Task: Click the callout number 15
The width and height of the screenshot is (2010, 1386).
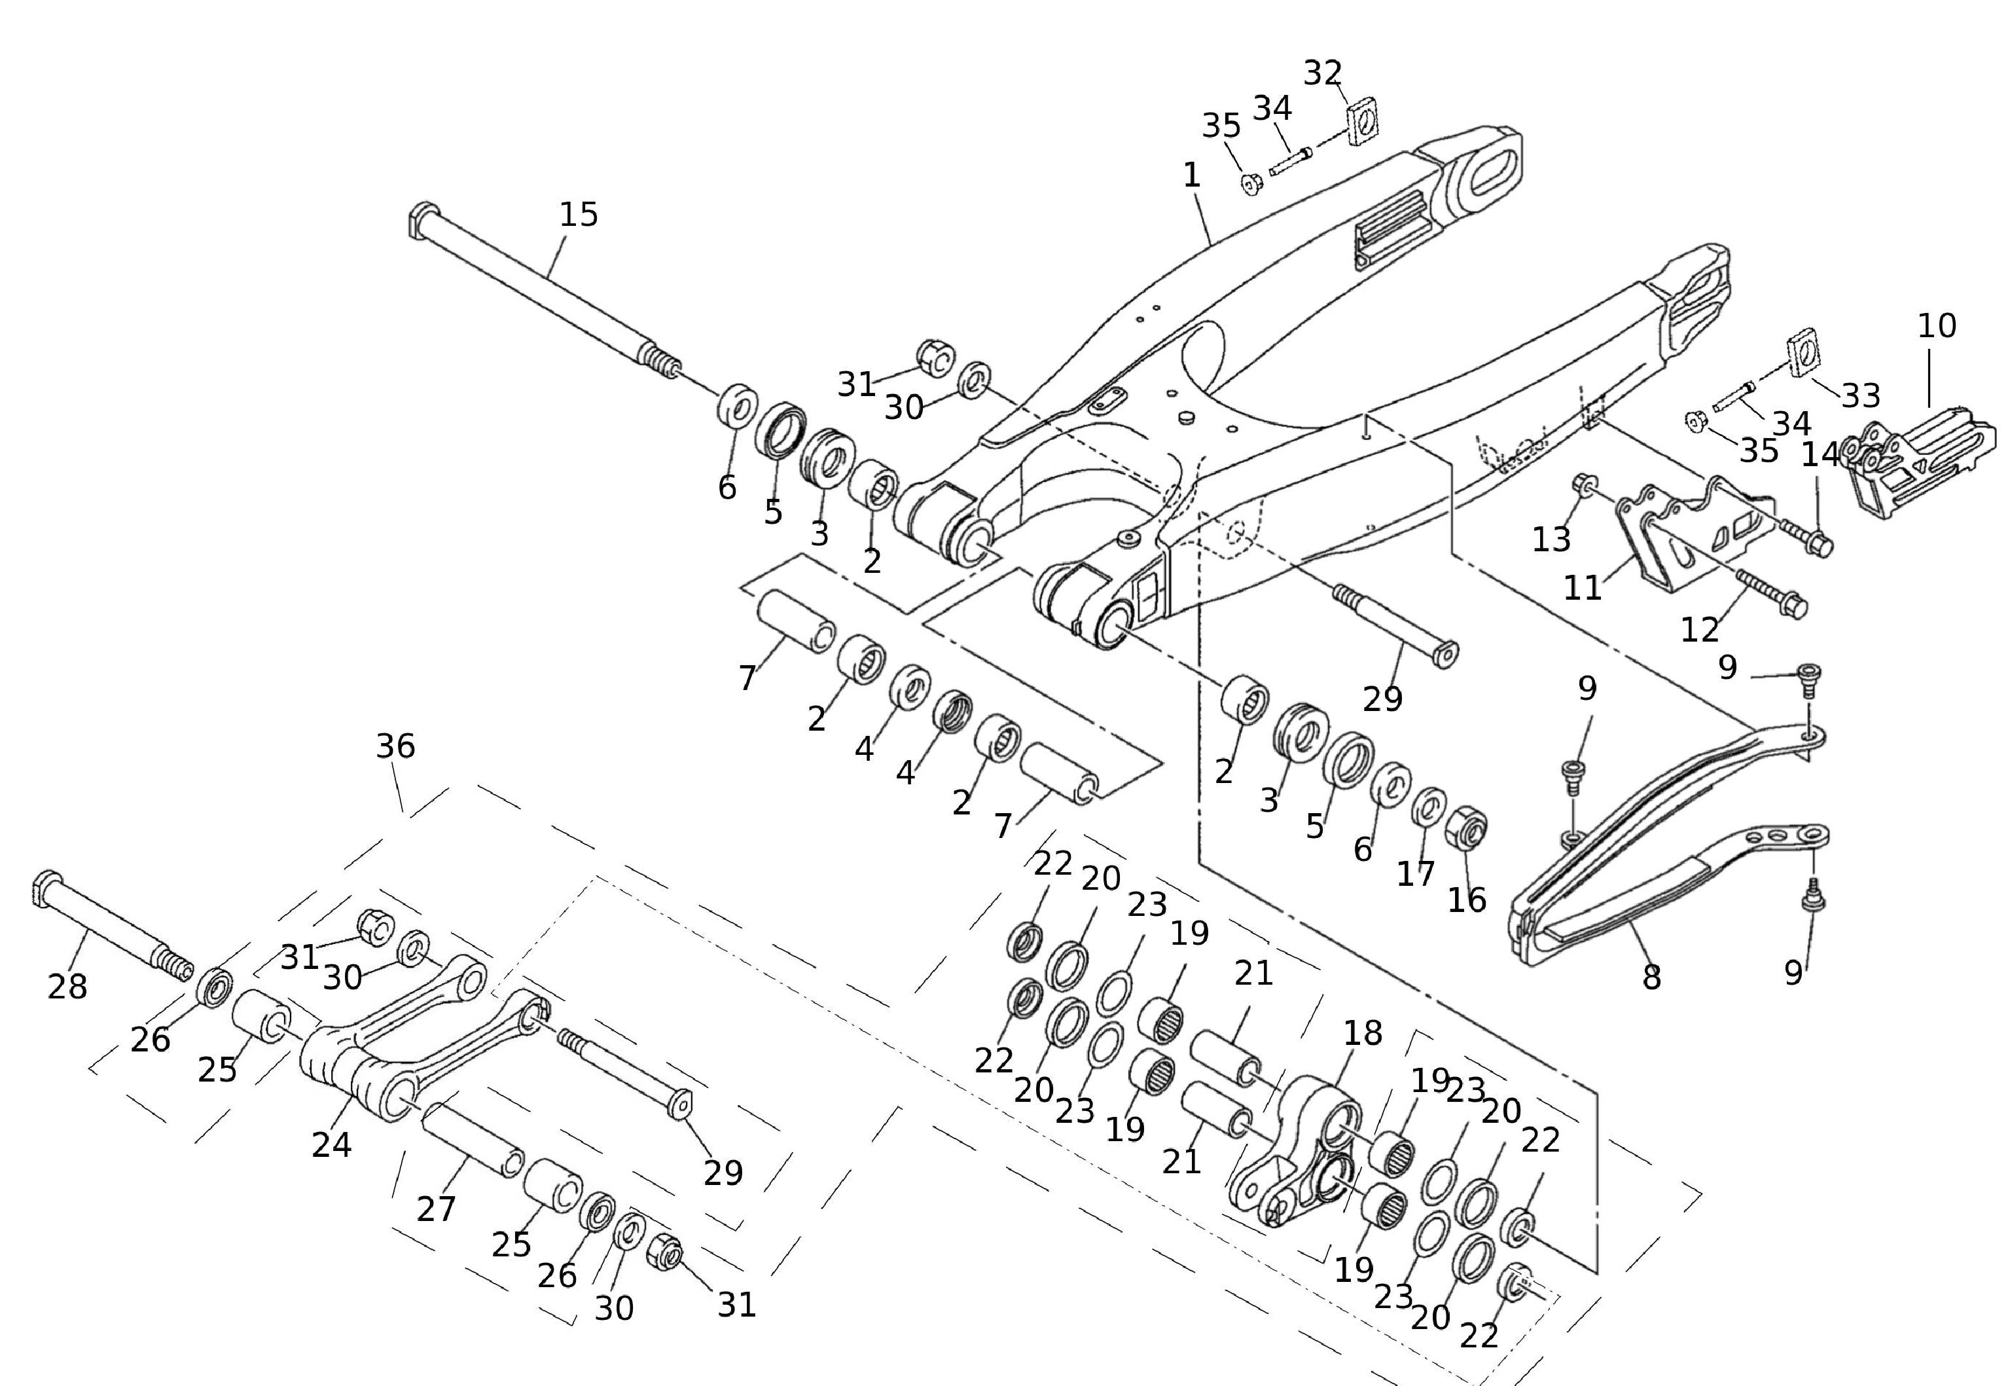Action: click(x=578, y=215)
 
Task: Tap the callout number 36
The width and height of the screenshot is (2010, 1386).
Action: click(x=395, y=746)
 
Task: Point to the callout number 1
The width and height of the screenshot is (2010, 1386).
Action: click(x=1191, y=175)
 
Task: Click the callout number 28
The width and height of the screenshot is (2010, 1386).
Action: click(x=67, y=987)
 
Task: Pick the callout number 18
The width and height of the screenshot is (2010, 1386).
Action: click(x=1362, y=1033)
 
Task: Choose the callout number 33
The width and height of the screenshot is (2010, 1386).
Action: click(x=1861, y=396)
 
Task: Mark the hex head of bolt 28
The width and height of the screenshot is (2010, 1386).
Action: click(x=45, y=888)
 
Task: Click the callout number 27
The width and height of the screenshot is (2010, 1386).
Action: click(x=436, y=1208)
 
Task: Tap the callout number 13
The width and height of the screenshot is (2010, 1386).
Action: click(x=1551, y=540)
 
